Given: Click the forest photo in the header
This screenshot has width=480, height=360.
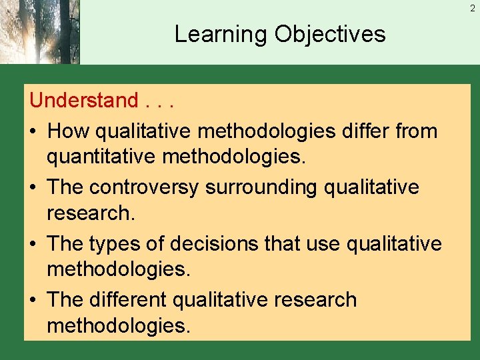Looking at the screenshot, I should [x=39, y=32].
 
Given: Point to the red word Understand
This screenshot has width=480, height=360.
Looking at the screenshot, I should [x=83, y=101].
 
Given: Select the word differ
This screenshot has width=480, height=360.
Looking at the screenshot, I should [x=367, y=131].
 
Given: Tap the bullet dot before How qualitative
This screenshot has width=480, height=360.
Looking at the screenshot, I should [x=34, y=131].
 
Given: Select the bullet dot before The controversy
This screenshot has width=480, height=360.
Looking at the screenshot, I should [x=34, y=188].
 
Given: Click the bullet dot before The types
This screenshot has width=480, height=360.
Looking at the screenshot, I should [x=34, y=245].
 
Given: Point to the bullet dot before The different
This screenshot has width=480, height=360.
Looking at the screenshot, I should [x=34, y=301].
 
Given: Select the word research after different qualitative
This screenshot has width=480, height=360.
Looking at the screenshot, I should [x=316, y=300].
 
